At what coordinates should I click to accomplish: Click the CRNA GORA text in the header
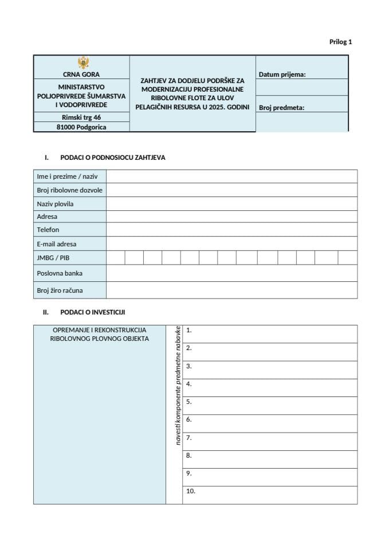point(81,74)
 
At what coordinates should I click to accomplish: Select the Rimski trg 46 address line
point(81,117)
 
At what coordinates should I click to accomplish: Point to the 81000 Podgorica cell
point(81,127)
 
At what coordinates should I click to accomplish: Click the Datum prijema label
point(282,74)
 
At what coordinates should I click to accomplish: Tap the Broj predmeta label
point(281,107)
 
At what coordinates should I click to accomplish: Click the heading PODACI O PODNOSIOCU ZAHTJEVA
point(112,158)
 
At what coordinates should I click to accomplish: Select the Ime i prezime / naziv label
point(67,176)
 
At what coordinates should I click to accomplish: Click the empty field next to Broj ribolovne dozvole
point(231,190)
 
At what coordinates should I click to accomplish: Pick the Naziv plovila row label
point(55,203)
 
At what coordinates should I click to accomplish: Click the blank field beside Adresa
point(231,217)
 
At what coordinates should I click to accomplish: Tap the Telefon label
point(48,230)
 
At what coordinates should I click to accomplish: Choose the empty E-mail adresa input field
point(231,243)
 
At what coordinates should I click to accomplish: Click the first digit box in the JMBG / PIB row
point(116,258)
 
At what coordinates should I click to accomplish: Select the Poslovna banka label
point(60,273)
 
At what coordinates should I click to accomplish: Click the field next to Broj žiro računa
point(231,290)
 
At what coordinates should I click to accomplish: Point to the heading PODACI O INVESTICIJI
point(92,312)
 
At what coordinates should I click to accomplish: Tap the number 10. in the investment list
point(191,491)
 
